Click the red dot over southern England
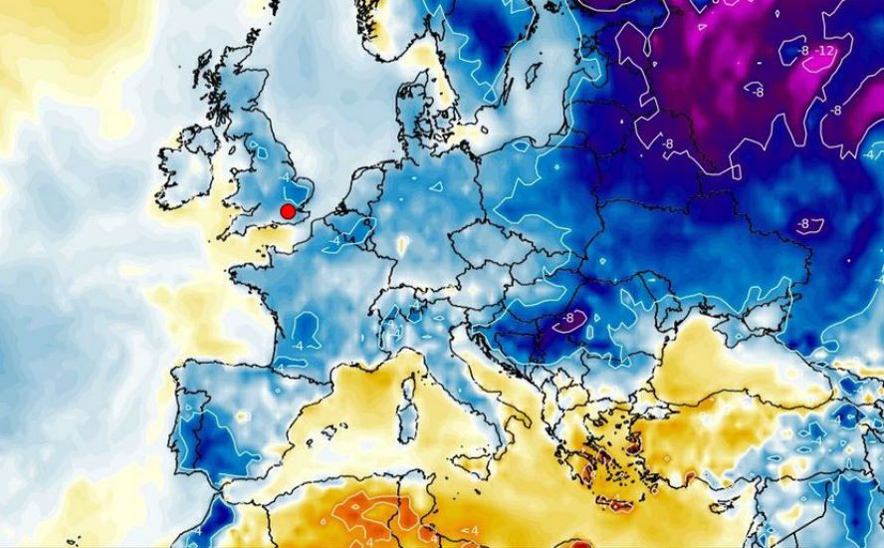pyautogui.click(x=288, y=211)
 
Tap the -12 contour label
pyautogui.click(x=824, y=51)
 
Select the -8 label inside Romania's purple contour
pyautogui.click(x=568, y=319)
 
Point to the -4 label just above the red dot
pyautogui.click(x=287, y=177)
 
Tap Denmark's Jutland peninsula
pyautogui.click(x=413, y=110)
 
